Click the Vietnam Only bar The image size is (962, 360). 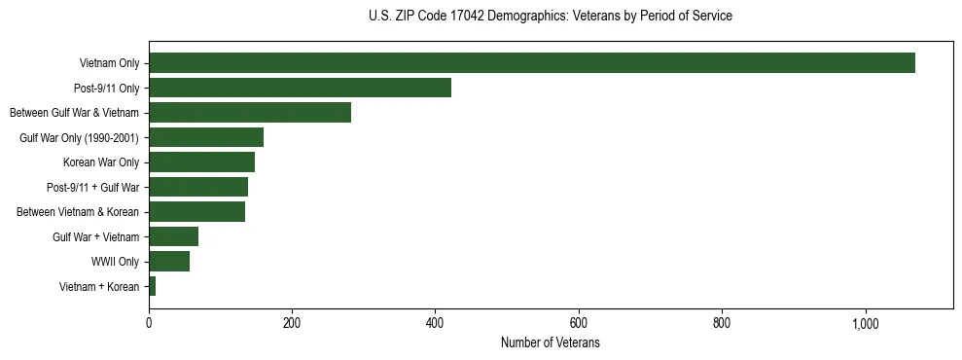click(531, 63)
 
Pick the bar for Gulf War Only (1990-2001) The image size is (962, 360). click(206, 137)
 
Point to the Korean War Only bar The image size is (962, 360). click(201, 162)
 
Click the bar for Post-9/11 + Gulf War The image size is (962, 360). click(198, 187)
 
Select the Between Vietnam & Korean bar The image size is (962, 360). click(196, 212)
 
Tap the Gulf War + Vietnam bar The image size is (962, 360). click(173, 236)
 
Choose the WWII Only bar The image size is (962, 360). click(169, 262)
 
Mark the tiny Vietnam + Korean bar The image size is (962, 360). click(152, 286)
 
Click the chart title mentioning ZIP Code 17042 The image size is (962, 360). click(551, 17)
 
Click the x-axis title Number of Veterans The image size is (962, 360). click(551, 343)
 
